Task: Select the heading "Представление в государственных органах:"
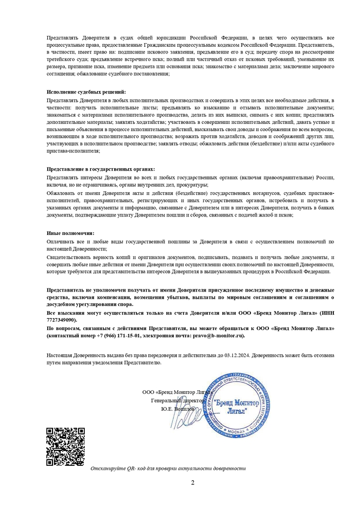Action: click(100, 169)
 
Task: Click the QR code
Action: click(65, 446)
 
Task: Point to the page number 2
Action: click(192, 483)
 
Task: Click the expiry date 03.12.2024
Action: click(237, 355)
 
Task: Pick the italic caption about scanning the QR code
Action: click(168, 468)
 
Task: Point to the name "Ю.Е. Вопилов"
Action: click(178, 408)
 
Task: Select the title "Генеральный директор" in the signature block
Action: click(176, 400)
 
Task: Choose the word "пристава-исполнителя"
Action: click(73, 151)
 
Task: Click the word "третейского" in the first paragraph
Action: click(63, 60)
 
